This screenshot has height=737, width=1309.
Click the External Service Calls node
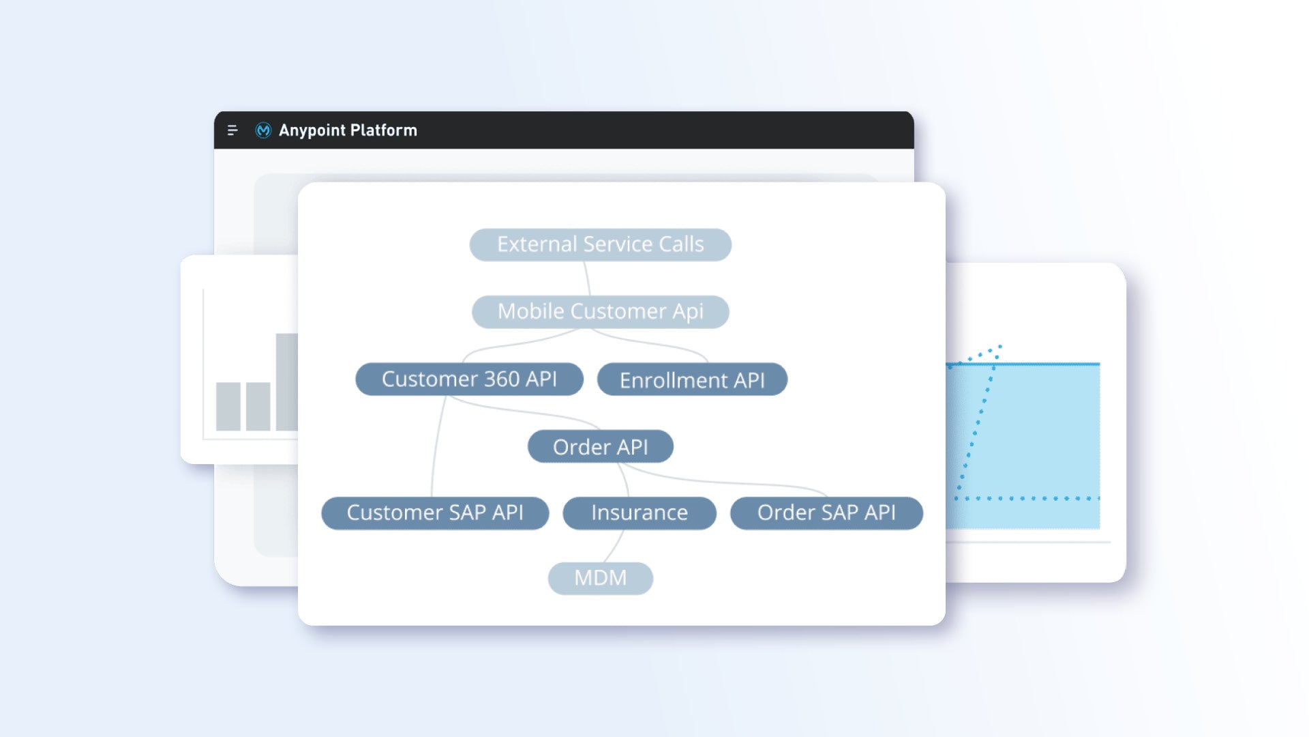click(x=600, y=244)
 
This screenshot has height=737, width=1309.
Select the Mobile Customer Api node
click(x=600, y=311)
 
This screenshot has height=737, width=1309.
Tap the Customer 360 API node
click(x=469, y=379)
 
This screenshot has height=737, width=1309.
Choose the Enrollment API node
click(x=692, y=379)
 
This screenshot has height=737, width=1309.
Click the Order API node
click(x=600, y=446)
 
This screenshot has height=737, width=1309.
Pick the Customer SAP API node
click(x=435, y=512)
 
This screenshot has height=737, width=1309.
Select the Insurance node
click(x=640, y=512)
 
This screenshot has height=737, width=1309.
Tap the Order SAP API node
click(x=826, y=512)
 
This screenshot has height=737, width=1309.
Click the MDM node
click(x=600, y=578)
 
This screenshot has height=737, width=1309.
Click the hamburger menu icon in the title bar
click(x=232, y=130)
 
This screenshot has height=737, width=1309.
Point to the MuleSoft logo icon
click(x=263, y=130)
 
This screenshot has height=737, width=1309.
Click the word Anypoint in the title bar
click(x=312, y=130)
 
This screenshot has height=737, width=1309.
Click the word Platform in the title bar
click(x=384, y=130)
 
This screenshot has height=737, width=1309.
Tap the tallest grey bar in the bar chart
click(x=286, y=382)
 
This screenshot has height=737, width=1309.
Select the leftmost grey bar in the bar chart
click(x=228, y=407)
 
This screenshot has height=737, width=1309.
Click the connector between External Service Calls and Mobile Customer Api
click(x=587, y=278)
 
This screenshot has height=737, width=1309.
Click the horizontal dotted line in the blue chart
click(x=1027, y=498)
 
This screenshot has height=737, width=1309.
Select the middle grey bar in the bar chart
click(x=258, y=407)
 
